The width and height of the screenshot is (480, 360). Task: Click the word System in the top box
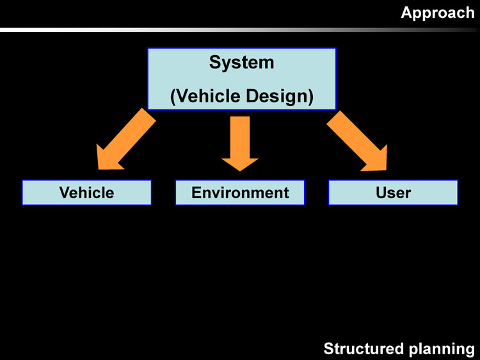pyautogui.click(x=241, y=63)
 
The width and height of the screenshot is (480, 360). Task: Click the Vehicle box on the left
pyautogui.click(x=86, y=192)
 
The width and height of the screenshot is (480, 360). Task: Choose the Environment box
pyautogui.click(x=240, y=192)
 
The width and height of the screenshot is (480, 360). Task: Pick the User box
pyautogui.click(x=393, y=192)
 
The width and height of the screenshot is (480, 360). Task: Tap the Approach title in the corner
pyautogui.click(x=438, y=13)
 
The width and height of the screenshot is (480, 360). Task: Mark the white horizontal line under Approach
pyautogui.click(x=192, y=29)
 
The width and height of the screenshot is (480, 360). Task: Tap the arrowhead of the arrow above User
pyautogui.click(x=378, y=160)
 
